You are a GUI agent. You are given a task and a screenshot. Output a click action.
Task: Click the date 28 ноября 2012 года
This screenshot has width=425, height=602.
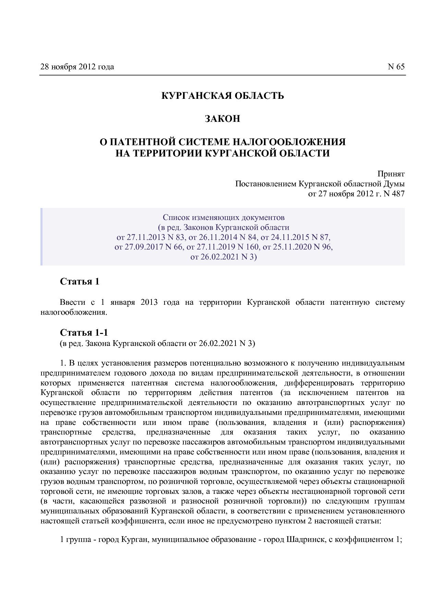[x=77, y=67]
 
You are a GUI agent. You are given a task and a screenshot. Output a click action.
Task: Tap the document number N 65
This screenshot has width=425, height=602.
[x=396, y=67]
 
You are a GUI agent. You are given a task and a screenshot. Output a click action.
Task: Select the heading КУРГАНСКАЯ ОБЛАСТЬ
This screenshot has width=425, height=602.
[x=222, y=95]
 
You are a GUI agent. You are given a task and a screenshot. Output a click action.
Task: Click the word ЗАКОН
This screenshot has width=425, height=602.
[x=222, y=119]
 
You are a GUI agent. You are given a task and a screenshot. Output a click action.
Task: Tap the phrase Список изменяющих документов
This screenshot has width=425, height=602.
[x=223, y=217]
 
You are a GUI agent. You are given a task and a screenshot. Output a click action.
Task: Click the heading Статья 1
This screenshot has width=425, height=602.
[x=80, y=282]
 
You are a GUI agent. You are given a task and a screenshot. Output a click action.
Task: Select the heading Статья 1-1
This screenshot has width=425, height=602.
[x=84, y=333]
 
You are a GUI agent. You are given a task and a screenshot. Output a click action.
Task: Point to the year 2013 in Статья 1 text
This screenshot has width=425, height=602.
[x=149, y=302]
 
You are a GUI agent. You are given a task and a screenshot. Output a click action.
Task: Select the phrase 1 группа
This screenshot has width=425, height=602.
[x=75, y=540]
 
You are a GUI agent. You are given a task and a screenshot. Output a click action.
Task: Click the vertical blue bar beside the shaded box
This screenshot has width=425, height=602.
[x=41, y=236]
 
